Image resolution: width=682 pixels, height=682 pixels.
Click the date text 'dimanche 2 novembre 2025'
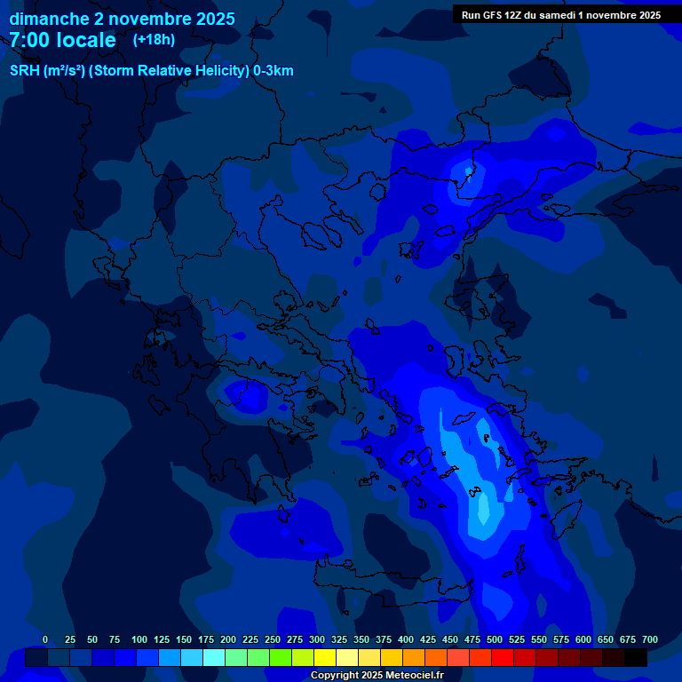(122, 19)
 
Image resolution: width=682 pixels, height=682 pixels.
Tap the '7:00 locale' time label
(62, 40)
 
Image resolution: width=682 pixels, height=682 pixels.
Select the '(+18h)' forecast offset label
(154, 39)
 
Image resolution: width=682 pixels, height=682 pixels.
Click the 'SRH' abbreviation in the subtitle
(24, 71)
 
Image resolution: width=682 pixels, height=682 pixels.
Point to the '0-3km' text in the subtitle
(274, 71)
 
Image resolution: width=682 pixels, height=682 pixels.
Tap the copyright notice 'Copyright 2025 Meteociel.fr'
(377, 675)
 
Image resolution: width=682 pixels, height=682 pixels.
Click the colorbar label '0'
(45, 639)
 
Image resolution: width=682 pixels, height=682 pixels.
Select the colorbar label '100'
(139, 639)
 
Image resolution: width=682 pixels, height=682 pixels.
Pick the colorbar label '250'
(273, 639)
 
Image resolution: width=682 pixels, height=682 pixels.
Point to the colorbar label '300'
(317, 639)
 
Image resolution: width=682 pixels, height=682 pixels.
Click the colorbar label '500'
(495, 639)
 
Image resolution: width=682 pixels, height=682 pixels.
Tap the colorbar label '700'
(650, 639)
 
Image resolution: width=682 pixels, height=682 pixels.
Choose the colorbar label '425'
(428, 639)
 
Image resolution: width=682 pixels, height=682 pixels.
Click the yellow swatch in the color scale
(325, 658)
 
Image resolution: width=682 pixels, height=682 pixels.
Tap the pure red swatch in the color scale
(503, 658)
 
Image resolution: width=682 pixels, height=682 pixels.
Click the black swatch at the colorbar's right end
(636, 658)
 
